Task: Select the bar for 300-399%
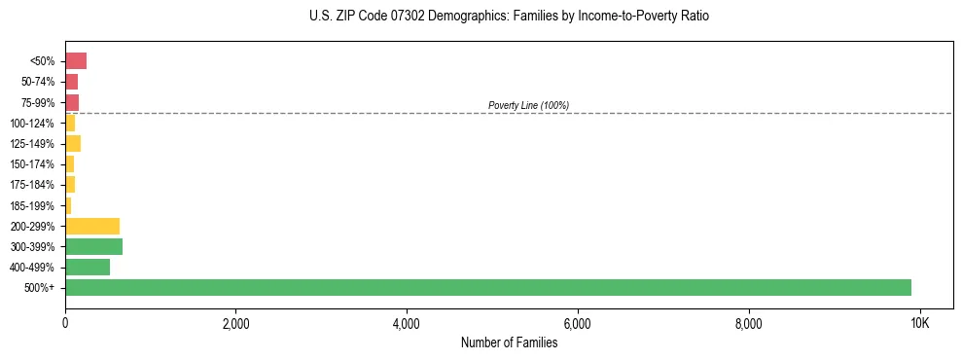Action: pyautogui.click(x=93, y=246)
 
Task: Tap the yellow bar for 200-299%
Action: pyautogui.click(x=92, y=226)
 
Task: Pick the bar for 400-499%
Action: pyautogui.click(x=88, y=267)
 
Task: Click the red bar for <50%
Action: pyautogui.click(x=76, y=61)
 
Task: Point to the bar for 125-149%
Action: pyautogui.click(x=73, y=144)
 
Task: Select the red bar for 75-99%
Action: pyautogui.click(x=72, y=102)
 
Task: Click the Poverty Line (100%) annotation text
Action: pyautogui.click(x=528, y=105)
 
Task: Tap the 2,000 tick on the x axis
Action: pyautogui.click(x=235, y=323)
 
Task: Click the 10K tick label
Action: pyautogui.click(x=919, y=323)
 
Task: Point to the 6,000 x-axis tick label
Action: pyautogui.click(x=578, y=323)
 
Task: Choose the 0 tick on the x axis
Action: pyautogui.click(x=65, y=323)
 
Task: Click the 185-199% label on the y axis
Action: pyautogui.click(x=34, y=205)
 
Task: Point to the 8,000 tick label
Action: pyautogui.click(x=748, y=323)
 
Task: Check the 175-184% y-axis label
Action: pyautogui.click(x=34, y=185)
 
